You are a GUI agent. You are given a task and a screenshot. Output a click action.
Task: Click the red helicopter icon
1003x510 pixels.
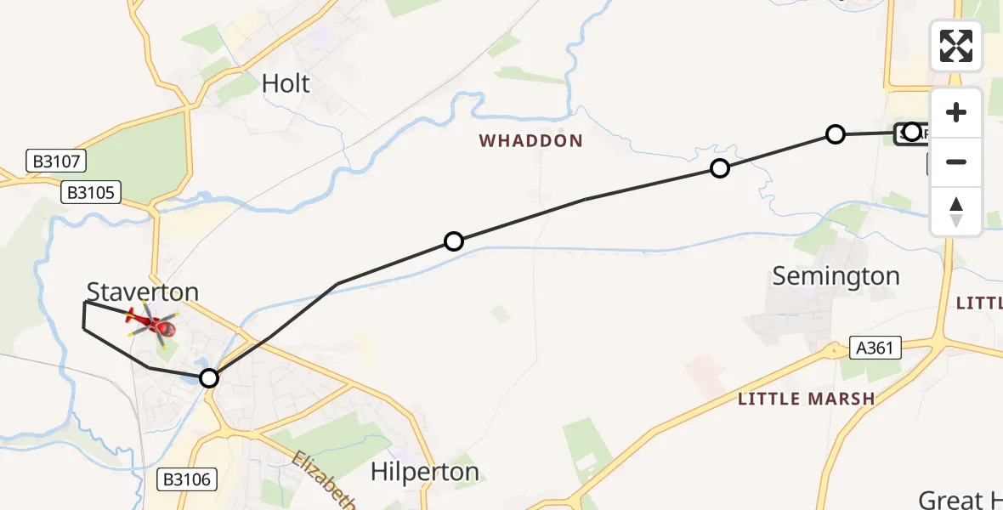point(152,323)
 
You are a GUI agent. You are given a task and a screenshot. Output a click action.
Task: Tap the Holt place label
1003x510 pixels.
point(286,83)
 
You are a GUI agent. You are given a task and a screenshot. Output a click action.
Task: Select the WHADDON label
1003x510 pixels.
point(531,141)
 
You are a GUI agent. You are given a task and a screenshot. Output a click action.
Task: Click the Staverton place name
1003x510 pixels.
point(143,292)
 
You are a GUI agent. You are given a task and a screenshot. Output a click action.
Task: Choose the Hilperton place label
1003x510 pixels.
point(425,472)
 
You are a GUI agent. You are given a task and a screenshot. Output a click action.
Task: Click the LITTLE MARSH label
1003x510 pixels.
point(806,399)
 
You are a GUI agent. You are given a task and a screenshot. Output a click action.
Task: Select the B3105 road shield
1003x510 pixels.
point(91,193)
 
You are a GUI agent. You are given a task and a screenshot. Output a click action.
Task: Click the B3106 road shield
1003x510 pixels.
point(188,479)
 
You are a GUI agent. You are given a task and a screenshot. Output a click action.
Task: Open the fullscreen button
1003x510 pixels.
point(956,46)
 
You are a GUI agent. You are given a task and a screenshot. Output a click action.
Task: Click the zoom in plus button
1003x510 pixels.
point(956,112)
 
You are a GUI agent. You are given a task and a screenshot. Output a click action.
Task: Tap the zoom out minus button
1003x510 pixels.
point(956,161)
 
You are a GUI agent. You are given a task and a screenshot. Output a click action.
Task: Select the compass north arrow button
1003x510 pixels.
point(956,211)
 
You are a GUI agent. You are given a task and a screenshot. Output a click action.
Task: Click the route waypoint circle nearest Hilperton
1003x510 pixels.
point(209,378)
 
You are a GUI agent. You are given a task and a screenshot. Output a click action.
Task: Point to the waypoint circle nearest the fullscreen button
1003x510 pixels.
point(912,132)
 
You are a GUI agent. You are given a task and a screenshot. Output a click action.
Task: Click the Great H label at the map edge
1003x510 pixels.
point(960,499)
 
